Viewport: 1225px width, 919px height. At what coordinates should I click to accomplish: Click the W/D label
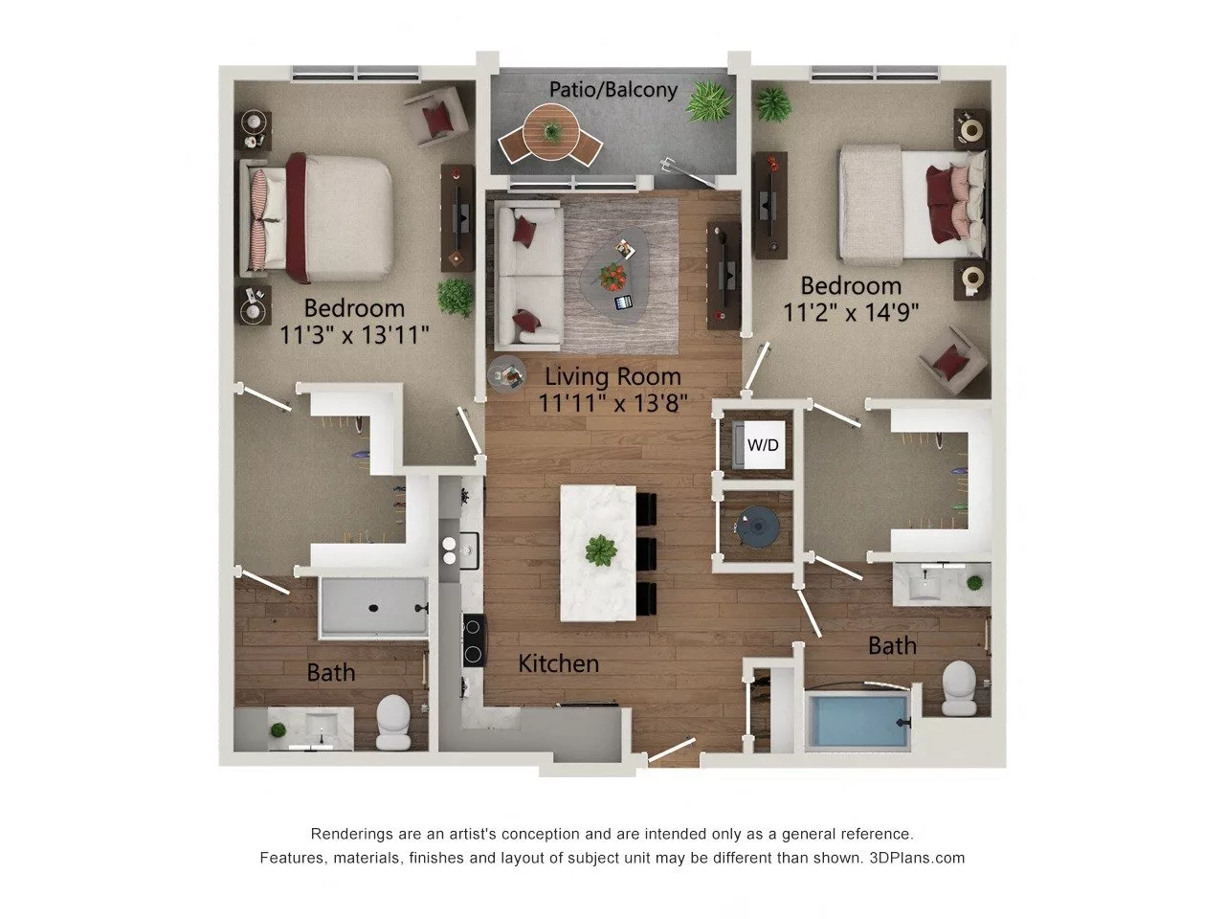coord(763,445)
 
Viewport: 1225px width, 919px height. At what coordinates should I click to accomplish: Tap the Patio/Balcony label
coord(613,90)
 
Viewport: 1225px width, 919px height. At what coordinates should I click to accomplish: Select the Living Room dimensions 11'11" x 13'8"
coord(612,402)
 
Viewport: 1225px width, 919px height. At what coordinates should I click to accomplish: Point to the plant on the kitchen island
coord(601,550)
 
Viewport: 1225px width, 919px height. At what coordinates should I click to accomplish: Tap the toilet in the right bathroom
coord(959,688)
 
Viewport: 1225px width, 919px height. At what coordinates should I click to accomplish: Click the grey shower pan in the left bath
coord(373,607)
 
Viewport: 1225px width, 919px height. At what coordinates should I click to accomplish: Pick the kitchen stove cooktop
coord(474,640)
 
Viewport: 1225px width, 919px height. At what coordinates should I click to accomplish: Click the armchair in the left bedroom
coord(437,116)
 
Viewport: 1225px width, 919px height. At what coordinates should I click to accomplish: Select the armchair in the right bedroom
coord(953,362)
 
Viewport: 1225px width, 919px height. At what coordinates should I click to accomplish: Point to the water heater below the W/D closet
coord(758,525)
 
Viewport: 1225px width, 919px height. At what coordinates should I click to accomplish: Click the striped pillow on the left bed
coord(262,213)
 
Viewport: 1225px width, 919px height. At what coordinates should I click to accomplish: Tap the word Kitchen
coord(559,662)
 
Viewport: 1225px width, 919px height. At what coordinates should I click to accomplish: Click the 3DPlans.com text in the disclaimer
coord(917,858)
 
